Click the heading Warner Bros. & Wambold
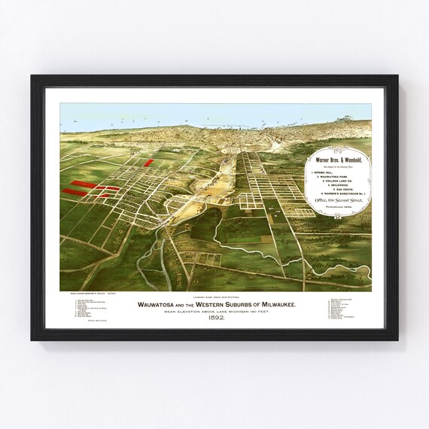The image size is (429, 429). click(339, 160)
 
